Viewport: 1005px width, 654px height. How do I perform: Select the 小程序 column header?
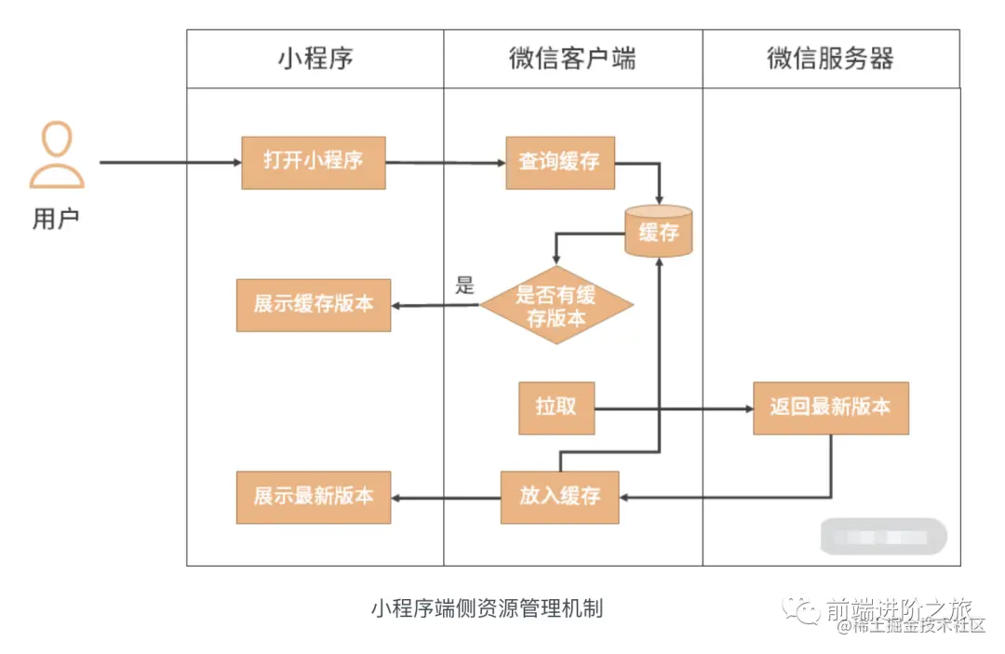315,59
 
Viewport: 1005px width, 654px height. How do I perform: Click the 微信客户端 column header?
572,59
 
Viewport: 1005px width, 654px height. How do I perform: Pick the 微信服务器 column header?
830,59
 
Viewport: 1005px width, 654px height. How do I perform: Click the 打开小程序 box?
314,163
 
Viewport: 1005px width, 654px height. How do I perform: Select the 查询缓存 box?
560,163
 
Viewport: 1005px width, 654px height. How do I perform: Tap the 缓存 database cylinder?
659,232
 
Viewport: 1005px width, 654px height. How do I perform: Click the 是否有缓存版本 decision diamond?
556,305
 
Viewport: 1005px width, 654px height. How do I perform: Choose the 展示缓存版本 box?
314,305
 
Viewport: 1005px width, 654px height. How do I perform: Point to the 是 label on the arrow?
464,285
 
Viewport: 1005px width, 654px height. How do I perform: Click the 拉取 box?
556,407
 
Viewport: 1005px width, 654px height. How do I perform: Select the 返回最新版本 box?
830,407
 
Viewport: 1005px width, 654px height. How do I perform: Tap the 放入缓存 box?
560,497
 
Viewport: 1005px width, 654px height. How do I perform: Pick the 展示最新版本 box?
314,497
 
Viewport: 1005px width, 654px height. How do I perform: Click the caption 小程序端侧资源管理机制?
487,608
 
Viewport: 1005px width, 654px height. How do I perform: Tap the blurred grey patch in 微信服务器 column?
883,537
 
